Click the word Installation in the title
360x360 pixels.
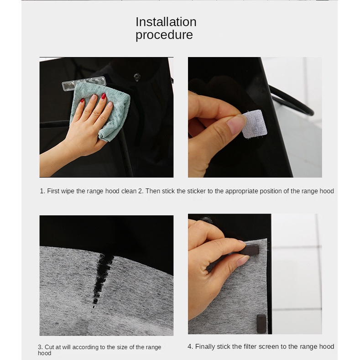166,22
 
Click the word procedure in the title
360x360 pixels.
164,35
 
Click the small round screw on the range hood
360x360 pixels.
137,76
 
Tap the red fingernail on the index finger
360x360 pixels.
104,96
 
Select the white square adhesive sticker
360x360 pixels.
255,124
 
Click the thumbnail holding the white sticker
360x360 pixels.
236,124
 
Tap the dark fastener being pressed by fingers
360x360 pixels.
250,250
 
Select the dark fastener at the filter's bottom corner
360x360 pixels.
261,323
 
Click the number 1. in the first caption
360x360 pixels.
42,191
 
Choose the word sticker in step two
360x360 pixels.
197,191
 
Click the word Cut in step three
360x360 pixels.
49,347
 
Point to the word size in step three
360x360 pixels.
122,347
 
